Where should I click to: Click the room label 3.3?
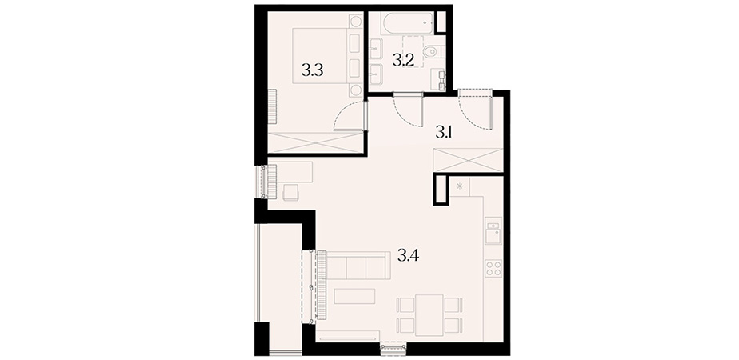313,71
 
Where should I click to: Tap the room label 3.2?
404,60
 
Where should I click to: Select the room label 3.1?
444,134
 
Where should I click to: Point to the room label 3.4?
409,256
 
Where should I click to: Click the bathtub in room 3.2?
408,23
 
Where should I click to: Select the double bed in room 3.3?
328,56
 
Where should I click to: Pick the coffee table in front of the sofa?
354,296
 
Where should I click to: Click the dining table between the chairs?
429,314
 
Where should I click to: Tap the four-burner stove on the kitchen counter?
494,268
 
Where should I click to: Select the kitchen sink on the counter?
494,231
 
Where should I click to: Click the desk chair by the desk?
291,192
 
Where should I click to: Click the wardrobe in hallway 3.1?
468,160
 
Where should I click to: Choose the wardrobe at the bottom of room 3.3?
315,142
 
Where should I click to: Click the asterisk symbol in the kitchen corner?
460,186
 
